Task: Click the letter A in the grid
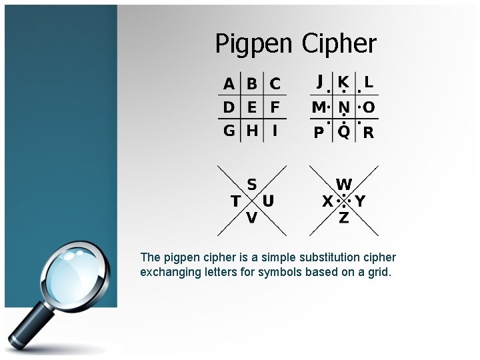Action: coord(229,85)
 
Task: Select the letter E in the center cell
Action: coord(252,107)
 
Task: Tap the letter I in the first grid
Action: coord(274,131)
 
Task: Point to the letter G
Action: coord(229,131)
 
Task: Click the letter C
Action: coord(275,85)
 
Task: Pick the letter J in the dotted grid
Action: coord(320,82)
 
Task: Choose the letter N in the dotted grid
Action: coord(344,107)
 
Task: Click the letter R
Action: coord(368,133)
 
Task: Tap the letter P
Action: coord(319,133)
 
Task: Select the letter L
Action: coord(368,83)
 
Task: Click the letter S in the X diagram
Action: coord(252,185)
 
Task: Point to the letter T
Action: coord(235,201)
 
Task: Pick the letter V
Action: coord(251,218)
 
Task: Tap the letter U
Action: coord(268,201)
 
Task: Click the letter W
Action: coord(344,185)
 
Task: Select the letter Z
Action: coord(343,218)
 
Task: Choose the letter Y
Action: coord(360,201)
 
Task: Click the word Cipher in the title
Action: coord(339,44)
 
